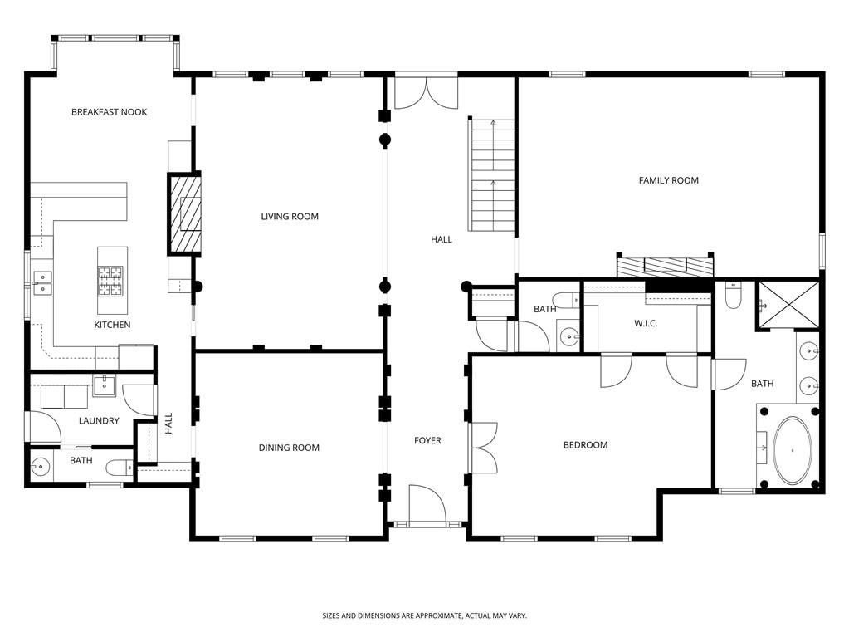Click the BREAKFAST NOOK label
tap(109, 112)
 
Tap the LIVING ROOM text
tap(290, 217)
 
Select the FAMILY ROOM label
tap(668, 180)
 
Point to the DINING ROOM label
tap(289, 448)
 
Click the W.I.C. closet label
tap(646, 323)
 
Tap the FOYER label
tap(427, 440)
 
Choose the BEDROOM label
tap(585, 445)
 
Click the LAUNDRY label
tap(99, 421)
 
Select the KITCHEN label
tap(112, 325)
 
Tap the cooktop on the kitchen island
tap(110, 281)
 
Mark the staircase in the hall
tap(493, 175)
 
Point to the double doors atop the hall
tap(426, 93)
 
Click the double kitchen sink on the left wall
tap(41, 283)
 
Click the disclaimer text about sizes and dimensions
tap(424, 615)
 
